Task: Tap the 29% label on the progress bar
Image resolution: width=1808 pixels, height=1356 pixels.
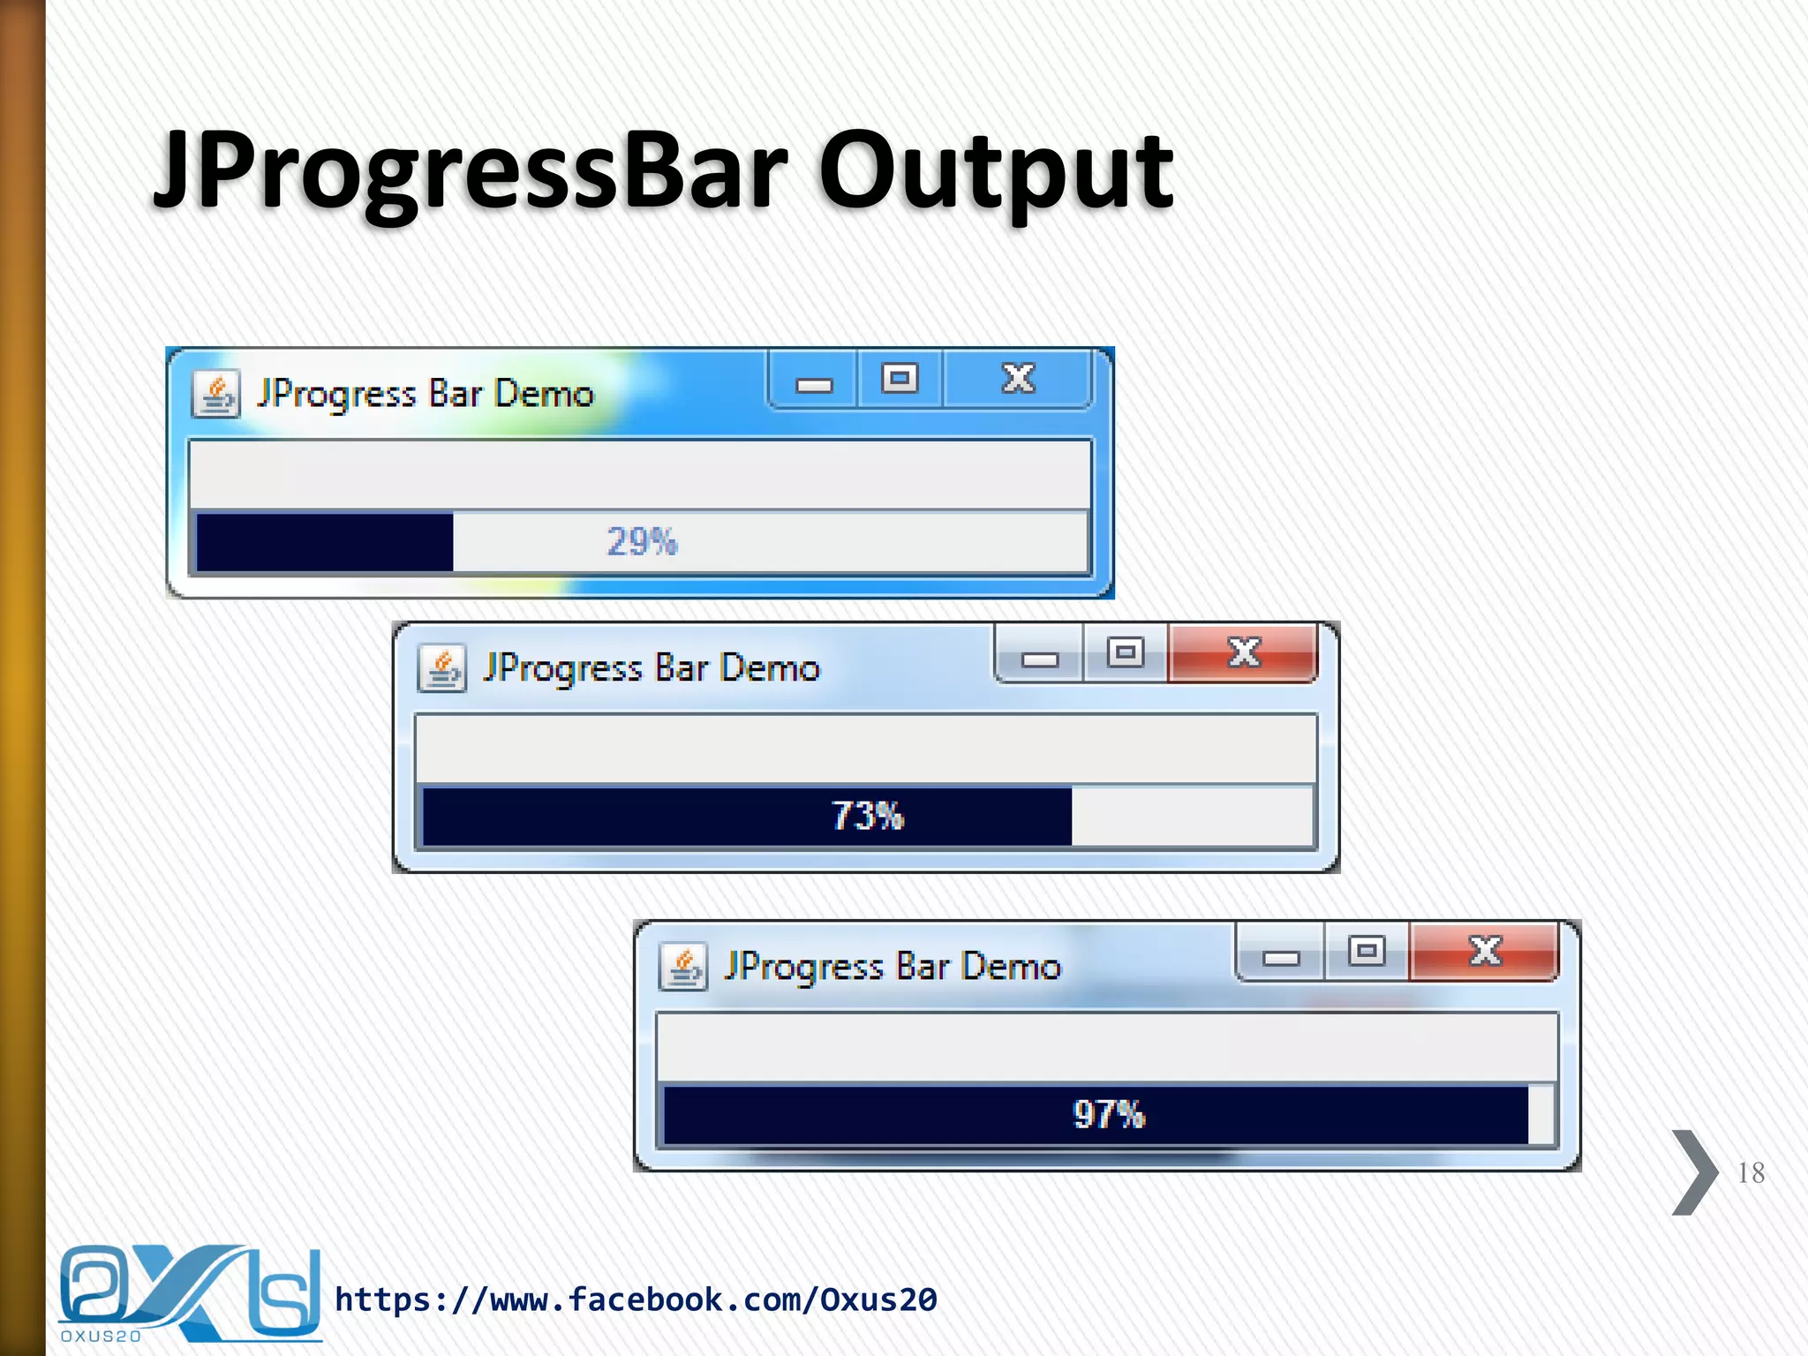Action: tap(642, 541)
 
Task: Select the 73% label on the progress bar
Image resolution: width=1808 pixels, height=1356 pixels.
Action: tap(868, 816)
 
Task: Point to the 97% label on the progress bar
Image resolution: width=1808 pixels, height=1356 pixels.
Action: tap(1109, 1114)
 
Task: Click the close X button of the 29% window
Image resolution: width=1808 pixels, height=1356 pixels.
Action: tap(1018, 379)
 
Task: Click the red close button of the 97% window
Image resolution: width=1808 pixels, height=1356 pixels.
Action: tap(1484, 951)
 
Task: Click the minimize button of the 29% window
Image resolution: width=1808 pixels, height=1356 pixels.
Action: tap(813, 384)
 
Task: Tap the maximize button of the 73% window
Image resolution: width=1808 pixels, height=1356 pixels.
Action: tap(1126, 653)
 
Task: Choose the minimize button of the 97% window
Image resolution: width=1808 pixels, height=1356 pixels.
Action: tap(1280, 957)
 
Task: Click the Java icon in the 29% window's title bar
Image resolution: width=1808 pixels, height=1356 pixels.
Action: tap(216, 394)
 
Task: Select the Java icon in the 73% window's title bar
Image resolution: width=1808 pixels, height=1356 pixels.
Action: tap(442, 668)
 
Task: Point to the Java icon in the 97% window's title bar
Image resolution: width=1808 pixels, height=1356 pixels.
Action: tap(683, 967)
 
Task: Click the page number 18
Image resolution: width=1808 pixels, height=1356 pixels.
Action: tap(1751, 1172)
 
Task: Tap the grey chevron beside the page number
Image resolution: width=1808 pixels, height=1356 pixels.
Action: tap(1693, 1172)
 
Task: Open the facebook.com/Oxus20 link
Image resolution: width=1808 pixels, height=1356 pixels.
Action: tap(636, 1299)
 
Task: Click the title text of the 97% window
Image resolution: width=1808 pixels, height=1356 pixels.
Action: tap(893, 967)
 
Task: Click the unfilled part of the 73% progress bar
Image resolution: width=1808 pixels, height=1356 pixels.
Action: tap(1192, 816)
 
